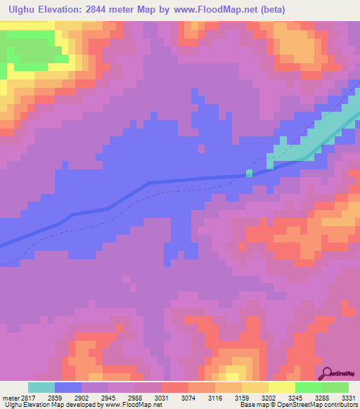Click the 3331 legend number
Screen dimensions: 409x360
coord(349,396)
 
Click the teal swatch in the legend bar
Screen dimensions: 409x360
coord(41,387)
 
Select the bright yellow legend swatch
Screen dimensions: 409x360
coord(282,387)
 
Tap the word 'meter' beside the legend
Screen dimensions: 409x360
coord(10,396)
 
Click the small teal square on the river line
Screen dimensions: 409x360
coord(249,172)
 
